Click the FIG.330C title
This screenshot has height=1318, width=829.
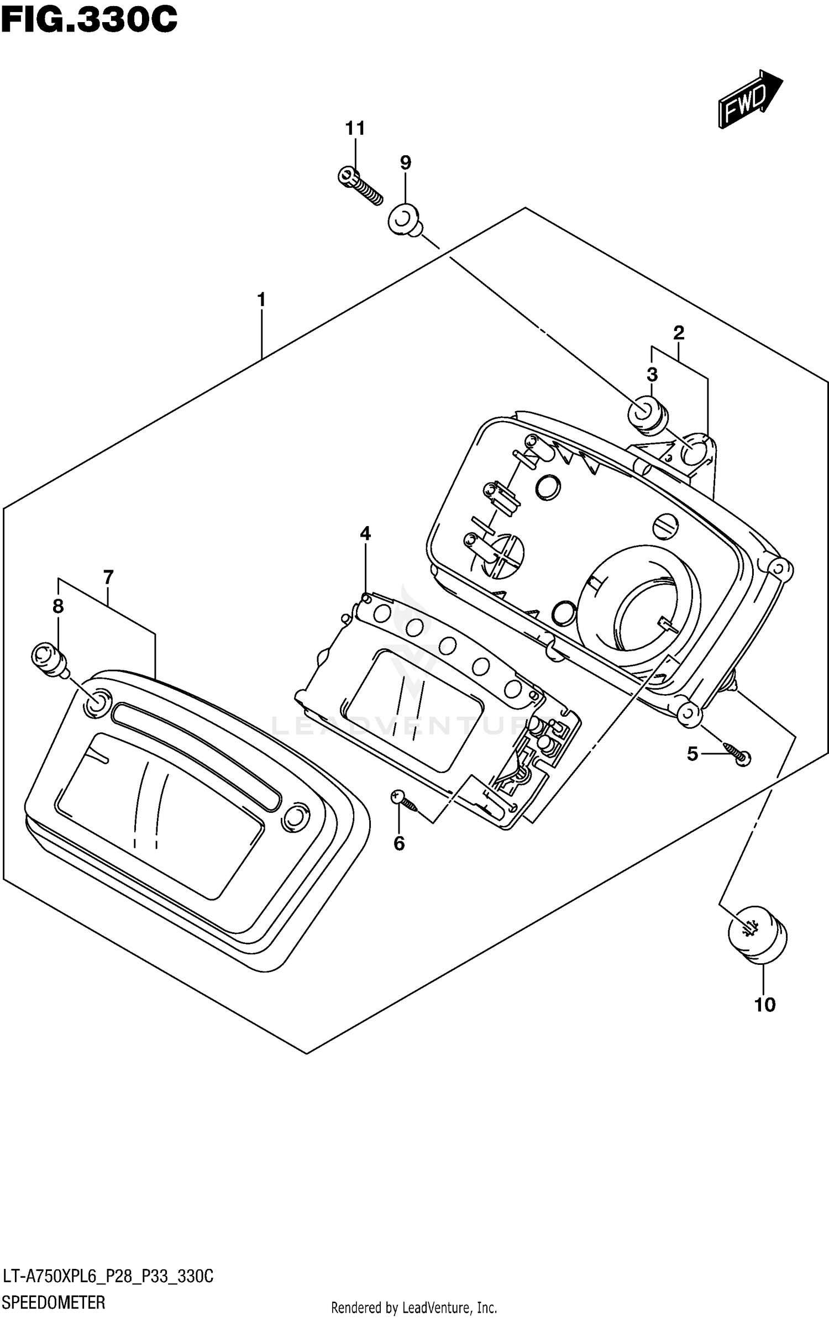click(x=89, y=20)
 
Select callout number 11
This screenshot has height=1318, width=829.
click(x=355, y=129)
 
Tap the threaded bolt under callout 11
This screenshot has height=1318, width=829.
click(x=360, y=186)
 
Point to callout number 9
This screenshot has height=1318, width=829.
click(x=405, y=162)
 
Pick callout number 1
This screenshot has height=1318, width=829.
click(x=261, y=300)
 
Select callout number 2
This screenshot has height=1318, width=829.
click(x=679, y=333)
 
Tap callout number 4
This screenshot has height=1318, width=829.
click(x=365, y=533)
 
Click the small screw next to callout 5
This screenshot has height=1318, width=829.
click(x=736, y=755)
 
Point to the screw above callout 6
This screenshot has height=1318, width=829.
click(x=405, y=802)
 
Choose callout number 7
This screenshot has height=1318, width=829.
click(x=108, y=577)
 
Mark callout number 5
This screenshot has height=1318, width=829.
click(x=692, y=754)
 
